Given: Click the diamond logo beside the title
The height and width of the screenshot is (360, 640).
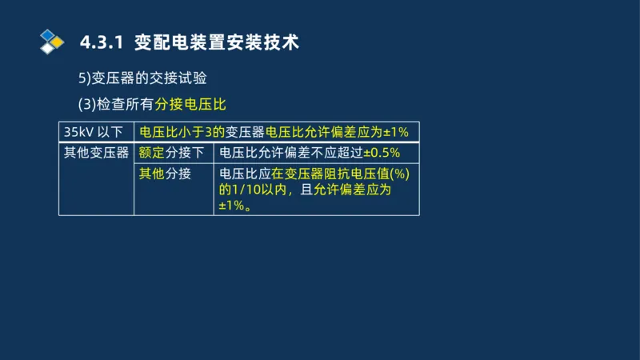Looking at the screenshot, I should [51, 41].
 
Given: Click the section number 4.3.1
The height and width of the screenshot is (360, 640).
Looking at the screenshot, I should [102, 42].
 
